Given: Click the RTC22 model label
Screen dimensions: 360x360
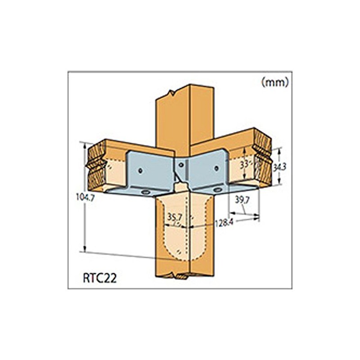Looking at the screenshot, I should (100, 278).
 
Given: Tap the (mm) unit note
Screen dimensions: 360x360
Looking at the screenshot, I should (274, 82).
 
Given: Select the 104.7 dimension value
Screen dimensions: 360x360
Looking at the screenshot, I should (86, 197).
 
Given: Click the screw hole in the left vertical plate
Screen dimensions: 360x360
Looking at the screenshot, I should (141, 171).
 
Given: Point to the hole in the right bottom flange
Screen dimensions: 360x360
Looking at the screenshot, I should (218, 190).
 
